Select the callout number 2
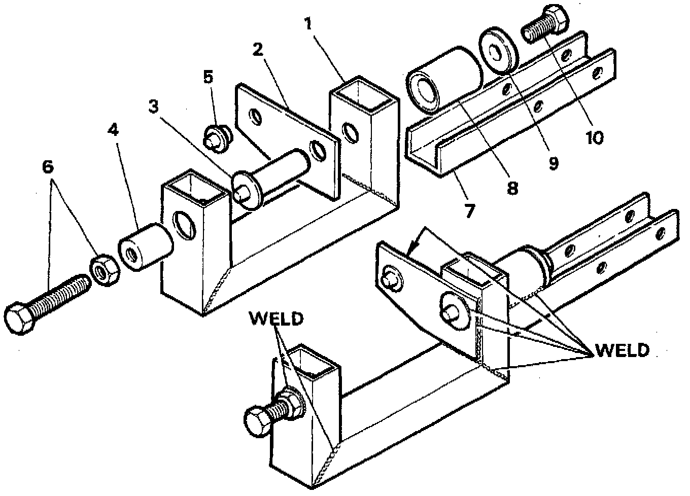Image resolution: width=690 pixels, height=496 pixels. point(258,49)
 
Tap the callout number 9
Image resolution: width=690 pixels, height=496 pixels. point(553,163)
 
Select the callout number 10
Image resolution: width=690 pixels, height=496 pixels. point(594,137)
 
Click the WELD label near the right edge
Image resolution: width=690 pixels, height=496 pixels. point(622,350)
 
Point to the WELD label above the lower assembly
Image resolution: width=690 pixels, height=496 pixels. point(276,318)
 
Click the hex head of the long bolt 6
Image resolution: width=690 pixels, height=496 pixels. point(19,318)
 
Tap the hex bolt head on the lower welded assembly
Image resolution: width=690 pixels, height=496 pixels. point(259,420)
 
